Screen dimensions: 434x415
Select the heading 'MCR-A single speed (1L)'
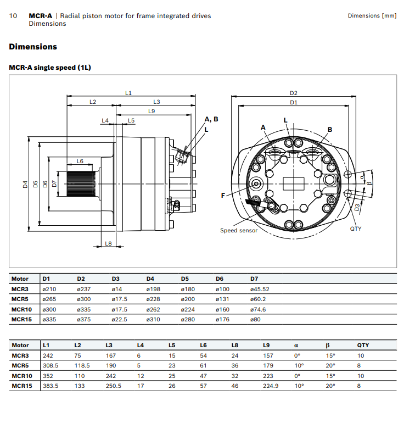[x=49, y=68]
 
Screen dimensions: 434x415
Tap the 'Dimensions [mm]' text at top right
[x=372, y=16]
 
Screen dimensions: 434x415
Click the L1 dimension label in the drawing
[x=128, y=93]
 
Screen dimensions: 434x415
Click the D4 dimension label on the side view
[x=25, y=184]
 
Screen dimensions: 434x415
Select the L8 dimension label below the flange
[x=108, y=243]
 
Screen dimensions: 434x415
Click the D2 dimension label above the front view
[x=294, y=93]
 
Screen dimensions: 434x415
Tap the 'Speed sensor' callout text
[x=239, y=230]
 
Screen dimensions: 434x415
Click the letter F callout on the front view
[x=223, y=194]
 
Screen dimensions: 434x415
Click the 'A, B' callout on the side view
[x=211, y=119]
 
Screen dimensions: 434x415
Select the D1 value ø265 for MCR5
[x=50, y=299]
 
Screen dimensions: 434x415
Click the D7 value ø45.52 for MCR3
[x=260, y=289]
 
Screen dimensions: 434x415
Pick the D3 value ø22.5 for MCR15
[x=120, y=319]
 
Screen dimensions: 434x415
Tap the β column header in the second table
[x=327, y=346]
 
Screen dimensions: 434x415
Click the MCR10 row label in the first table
[x=22, y=309]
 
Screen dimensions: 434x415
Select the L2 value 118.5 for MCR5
[x=82, y=366]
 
